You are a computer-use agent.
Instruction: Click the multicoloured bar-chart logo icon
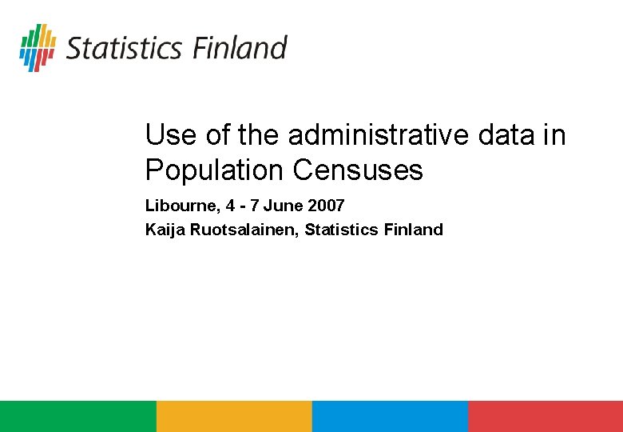pos(38,47)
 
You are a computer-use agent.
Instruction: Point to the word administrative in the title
pos(379,135)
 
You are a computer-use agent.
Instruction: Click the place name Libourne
pos(181,206)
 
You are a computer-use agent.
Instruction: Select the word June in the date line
pos(283,206)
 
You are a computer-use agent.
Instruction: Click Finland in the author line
pos(413,230)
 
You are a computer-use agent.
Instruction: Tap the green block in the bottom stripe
pos(77,416)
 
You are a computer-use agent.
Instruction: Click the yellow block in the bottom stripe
pos(233,416)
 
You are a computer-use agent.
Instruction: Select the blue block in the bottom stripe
pos(389,416)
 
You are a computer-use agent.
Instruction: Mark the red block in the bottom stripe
pos(546,416)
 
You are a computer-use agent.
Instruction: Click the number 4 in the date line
pos(231,206)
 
